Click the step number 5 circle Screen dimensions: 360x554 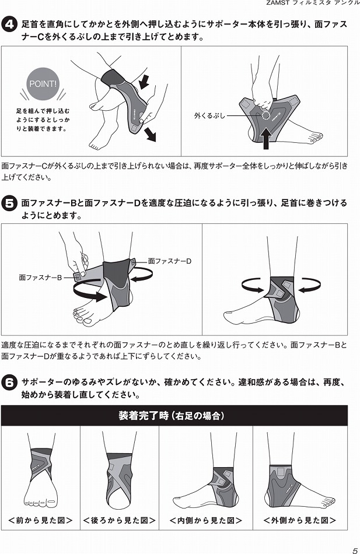(9, 204)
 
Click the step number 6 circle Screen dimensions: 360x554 (9, 383)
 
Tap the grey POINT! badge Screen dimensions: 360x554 (43, 84)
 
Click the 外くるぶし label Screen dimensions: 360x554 (209, 115)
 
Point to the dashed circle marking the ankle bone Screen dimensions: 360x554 (265, 115)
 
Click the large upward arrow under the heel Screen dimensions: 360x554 (267, 138)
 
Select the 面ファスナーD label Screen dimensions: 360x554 (169, 261)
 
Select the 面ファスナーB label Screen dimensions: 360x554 (40, 278)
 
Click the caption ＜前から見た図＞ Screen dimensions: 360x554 (40, 520)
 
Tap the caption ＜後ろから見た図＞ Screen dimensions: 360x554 (119, 520)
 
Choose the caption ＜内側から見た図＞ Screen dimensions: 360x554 (205, 520)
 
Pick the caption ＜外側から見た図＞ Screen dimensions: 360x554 (299, 520)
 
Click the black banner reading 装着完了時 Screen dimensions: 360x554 (174, 415)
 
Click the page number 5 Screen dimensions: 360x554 (355, 547)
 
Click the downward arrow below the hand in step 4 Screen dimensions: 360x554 (151, 134)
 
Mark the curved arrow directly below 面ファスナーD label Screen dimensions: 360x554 (142, 274)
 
